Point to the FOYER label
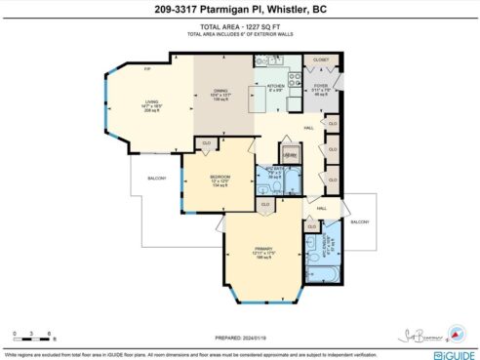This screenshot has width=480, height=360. click(321, 86)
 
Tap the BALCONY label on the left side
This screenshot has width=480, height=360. click(157, 179)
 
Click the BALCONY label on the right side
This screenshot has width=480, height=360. click(357, 222)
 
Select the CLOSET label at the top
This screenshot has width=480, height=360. click(321, 60)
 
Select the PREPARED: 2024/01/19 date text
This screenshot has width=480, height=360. click(239, 312)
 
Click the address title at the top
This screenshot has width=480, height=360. click(239, 11)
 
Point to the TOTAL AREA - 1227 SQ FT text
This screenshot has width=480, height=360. click(239, 29)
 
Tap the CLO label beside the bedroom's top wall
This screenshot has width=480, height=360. click(207, 143)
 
